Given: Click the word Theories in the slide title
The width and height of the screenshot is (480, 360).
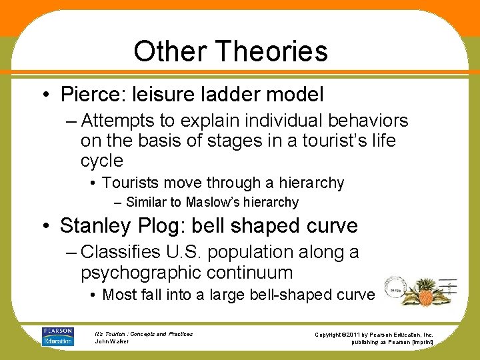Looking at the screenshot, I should [x=277, y=51].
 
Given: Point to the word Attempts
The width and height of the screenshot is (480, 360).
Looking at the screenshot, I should [x=125, y=121].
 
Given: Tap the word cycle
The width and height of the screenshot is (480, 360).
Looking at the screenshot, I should [x=101, y=161].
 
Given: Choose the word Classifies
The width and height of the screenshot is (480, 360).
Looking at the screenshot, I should [x=121, y=252].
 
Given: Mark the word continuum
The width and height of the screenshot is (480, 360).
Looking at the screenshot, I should [x=259, y=273].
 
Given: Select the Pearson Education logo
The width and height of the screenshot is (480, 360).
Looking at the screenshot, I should [x=58, y=336].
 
